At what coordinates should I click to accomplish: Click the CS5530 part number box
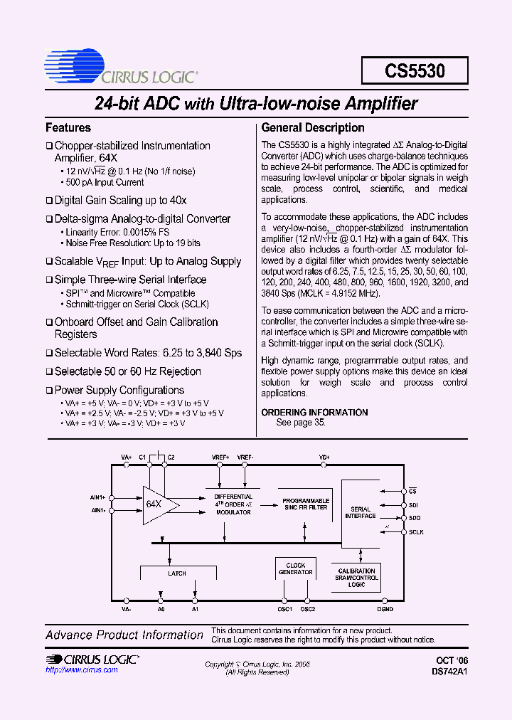[415, 71]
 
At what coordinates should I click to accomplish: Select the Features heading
[68, 128]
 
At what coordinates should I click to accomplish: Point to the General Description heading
[313, 128]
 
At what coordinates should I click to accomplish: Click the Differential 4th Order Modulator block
[233, 504]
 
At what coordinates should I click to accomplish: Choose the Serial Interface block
[361, 512]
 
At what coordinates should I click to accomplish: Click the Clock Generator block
[295, 569]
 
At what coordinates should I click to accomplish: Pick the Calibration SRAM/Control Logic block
[356, 577]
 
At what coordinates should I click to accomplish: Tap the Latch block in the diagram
[177, 573]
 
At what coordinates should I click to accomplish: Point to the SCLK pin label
[416, 532]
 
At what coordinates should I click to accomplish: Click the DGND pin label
[385, 609]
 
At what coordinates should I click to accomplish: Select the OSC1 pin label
[284, 609]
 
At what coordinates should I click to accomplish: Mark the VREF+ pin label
[220, 457]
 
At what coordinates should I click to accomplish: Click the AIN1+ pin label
[98, 497]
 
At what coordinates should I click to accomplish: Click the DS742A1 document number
[451, 671]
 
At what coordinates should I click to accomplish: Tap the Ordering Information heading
[314, 413]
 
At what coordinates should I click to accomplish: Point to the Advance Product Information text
[124, 635]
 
